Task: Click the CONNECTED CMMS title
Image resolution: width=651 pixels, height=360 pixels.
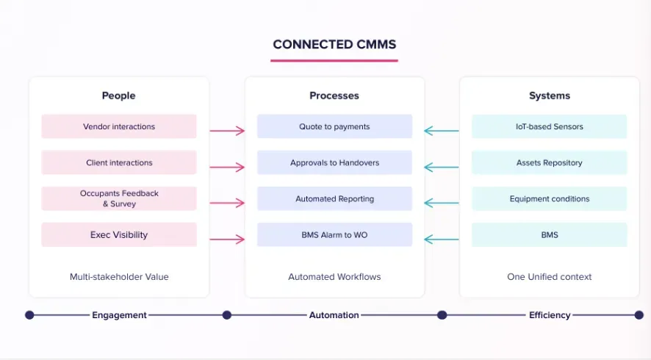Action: (x=334, y=44)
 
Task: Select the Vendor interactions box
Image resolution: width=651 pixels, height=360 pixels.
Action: (x=119, y=126)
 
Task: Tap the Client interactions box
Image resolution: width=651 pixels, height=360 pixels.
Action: (x=119, y=162)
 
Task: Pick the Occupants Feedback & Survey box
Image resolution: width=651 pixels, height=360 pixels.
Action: (x=119, y=198)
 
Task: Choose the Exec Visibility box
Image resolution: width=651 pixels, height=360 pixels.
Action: (x=119, y=235)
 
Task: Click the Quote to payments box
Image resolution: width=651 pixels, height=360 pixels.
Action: (x=334, y=126)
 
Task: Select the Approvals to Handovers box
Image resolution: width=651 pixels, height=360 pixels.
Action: (x=334, y=162)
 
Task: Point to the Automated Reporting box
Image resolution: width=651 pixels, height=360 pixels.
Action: (x=334, y=198)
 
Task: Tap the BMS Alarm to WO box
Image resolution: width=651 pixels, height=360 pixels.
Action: (x=334, y=235)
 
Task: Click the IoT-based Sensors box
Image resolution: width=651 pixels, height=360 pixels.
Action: (x=549, y=126)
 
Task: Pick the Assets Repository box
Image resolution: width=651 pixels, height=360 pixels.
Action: (x=549, y=162)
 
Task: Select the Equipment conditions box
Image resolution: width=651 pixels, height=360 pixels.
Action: (x=549, y=198)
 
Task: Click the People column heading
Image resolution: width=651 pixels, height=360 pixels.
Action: (x=119, y=96)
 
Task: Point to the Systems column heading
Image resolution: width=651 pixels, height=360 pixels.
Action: (x=550, y=96)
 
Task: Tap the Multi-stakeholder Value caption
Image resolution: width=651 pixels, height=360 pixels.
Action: (x=119, y=277)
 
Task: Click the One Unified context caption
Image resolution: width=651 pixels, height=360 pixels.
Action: (x=550, y=277)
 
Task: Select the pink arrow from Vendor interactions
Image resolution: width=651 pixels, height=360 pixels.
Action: (x=227, y=131)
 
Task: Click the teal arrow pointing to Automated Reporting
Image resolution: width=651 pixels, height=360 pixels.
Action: (x=442, y=203)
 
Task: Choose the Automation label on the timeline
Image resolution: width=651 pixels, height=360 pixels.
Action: (x=334, y=315)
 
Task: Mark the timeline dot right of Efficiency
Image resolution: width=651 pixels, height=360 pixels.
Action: (x=639, y=315)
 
